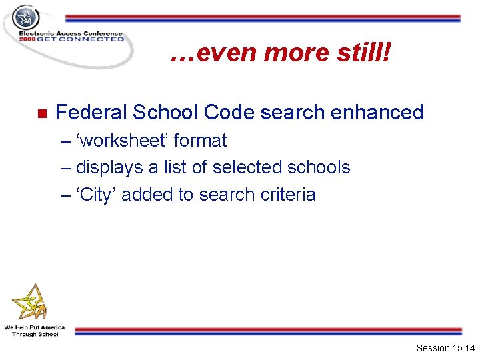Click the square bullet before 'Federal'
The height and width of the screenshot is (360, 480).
[40, 113]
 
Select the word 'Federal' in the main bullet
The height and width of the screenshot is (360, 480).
[91, 112]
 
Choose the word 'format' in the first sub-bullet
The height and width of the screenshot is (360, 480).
[200, 141]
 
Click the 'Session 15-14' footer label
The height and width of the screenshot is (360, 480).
[445, 348]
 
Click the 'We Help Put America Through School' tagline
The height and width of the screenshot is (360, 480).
[35, 331]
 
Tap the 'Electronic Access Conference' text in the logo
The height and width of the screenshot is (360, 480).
[71, 33]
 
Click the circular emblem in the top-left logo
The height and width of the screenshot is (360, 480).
[27, 17]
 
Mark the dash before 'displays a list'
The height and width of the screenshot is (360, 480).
[65, 167]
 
